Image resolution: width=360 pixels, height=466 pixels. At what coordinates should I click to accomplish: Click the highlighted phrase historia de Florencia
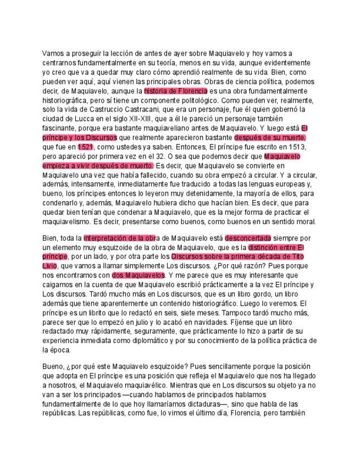click(175, 91)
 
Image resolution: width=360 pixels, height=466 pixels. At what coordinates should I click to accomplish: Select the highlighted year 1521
click(85, 147)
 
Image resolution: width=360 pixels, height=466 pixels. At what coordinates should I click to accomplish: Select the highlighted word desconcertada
click(248, 237)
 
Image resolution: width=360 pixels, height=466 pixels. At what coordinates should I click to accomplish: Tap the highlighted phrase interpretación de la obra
click(119, 237)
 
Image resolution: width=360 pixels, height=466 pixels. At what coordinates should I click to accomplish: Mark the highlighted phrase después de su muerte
click(270, 137)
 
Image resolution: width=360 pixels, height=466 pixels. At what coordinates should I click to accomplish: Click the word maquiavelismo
click(70, 221)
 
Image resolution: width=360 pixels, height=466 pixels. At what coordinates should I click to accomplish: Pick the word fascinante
click(61, 128)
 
